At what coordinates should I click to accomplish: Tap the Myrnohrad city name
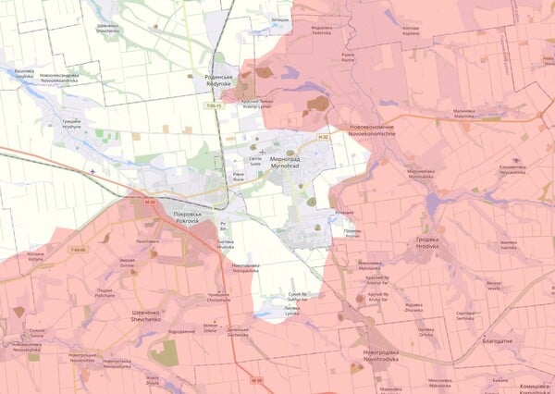coord(289,163)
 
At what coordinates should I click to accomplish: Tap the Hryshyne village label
coord(72,124)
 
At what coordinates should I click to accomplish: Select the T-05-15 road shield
coord(215,107)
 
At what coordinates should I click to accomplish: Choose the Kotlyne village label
coord(35,257)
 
